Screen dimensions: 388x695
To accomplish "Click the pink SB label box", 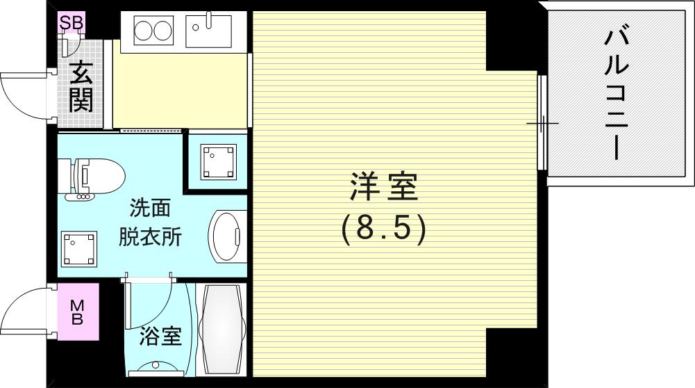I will click(x=71, y=23).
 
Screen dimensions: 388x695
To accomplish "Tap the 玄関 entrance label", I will click(x=81, y=87).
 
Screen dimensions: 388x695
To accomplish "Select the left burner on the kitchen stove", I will click(x=144, y=31).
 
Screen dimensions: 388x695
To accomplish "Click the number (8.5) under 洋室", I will click(x=383, y=229).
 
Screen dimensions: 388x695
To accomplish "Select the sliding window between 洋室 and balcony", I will click(x=542, y=124).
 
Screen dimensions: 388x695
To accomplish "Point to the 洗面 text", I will click(x=150, y=208).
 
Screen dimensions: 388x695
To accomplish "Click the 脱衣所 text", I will click(x=150, y=237).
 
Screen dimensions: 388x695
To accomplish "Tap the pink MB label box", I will click(x=78, y=312).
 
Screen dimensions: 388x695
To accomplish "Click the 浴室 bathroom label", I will click(x=160, y=337).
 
